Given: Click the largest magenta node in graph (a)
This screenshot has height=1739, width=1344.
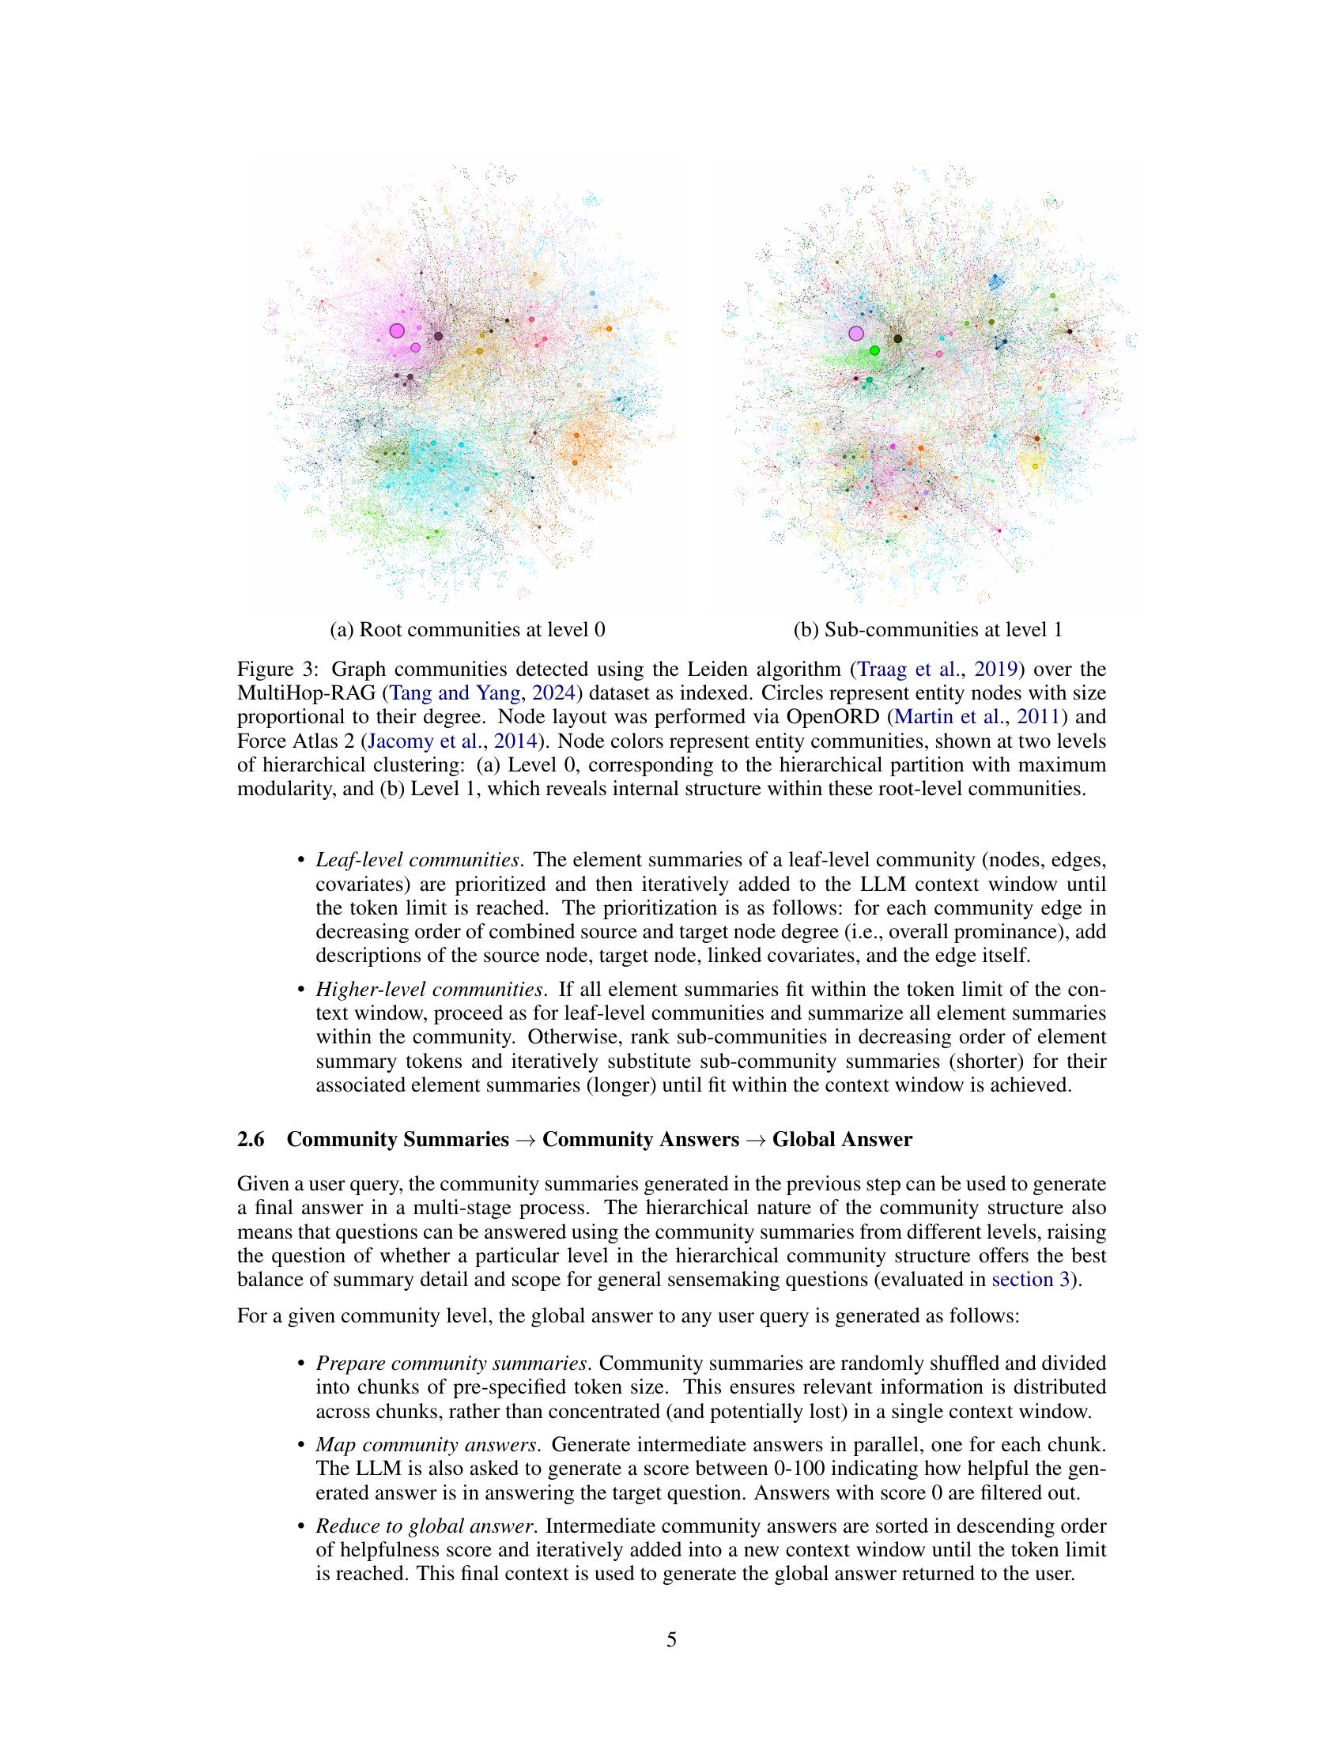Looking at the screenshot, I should pyautogui.click(x=398, y=330).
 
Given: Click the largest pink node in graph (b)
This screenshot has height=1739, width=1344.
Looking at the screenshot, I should pyautogui.click(x=856, y=333).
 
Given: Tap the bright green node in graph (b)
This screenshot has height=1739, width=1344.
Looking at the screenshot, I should pyautogui.click(x=874, y=350).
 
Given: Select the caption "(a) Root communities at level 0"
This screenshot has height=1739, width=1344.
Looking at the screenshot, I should pyautogui.click(x=467, y=630).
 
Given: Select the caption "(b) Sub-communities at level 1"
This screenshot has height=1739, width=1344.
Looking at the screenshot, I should pyautogui.click(x=927, y=630).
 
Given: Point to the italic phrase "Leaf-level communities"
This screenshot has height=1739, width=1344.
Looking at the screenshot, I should pyautogui.click(x=418, y=860).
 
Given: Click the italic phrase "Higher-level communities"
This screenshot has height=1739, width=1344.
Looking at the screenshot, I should pyautogui.click(x=429, y=990).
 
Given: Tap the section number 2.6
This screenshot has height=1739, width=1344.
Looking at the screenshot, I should pyautogui.click(x=251, y=1139).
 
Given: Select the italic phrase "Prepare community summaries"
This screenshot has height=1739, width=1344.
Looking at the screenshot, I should pyautogui.click(x=457, y=1364).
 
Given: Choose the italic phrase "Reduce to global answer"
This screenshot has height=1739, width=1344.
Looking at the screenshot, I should pyautogui.click(x=424, y=1526).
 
